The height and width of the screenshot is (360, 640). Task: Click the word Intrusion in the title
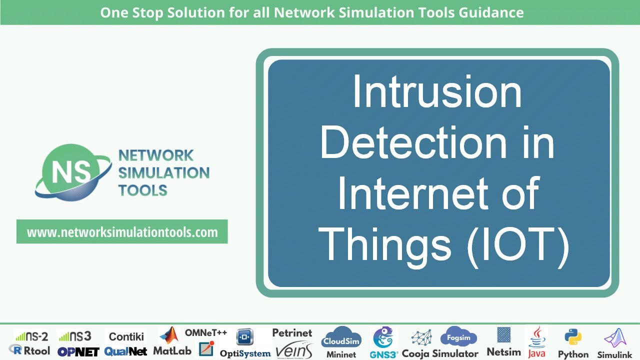click(x=437, y=92)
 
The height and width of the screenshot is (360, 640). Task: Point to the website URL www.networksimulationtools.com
click(x=122, y=232)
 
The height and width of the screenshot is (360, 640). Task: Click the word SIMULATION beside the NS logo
click(x=163, y=173)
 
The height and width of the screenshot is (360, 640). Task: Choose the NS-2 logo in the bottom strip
click(x=31, y=336)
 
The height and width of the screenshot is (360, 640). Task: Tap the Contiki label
click(x=126, y=336)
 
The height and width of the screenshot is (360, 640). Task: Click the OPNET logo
click(x=78, y=351)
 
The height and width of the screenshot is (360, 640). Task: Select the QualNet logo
click(x=126, y=351)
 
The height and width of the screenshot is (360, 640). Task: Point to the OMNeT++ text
click(x=206, y=332)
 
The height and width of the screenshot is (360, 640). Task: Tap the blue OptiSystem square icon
click(x=245, y=337)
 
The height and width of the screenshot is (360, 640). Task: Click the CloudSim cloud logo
click(x=341, y=337)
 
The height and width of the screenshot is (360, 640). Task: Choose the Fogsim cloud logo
click(x=458, y=337)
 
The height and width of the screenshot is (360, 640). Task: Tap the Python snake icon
click(x=572, y=338)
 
